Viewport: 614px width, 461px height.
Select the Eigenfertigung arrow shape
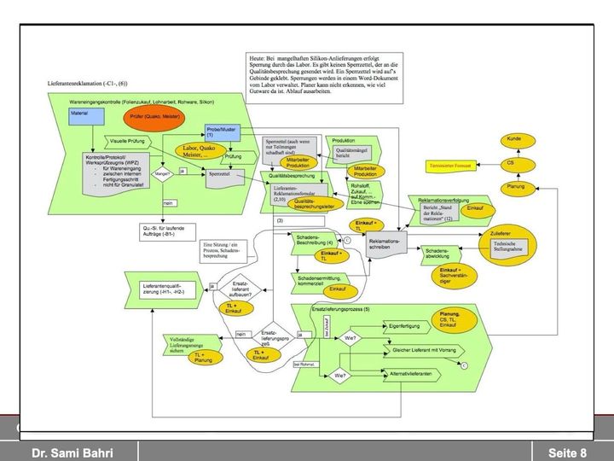click(406, 326)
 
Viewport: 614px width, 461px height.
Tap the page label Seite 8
click(567, 452)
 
